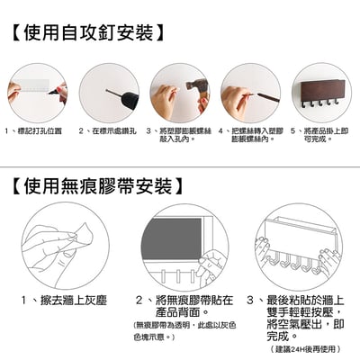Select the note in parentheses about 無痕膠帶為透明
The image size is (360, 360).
[180, 330]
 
